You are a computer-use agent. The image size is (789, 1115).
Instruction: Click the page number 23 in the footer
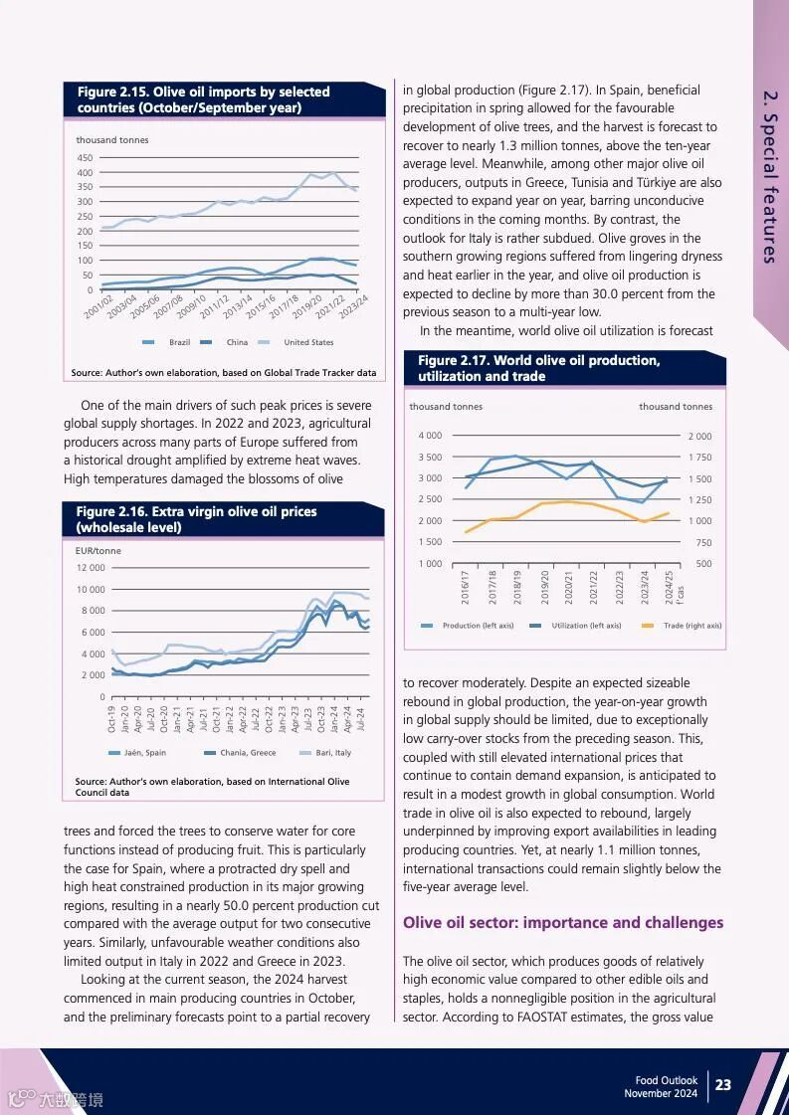(723, 1085)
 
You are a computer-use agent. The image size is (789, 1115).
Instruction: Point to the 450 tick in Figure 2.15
(85, 158)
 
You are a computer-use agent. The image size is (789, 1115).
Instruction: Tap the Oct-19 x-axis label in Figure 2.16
(111, 718)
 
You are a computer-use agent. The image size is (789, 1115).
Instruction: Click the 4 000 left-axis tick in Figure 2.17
(430, 436)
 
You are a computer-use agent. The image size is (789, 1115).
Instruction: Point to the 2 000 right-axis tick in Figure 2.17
(699, 437)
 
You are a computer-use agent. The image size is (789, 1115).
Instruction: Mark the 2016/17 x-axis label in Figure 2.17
(465, 587)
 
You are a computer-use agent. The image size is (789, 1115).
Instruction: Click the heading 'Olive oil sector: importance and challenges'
(563, 923)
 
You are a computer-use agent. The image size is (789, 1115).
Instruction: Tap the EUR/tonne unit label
(99, 550)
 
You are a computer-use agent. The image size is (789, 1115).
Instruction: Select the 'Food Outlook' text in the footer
(667, 1080)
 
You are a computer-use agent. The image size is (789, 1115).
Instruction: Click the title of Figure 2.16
(196, 519)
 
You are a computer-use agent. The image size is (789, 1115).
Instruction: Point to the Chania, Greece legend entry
(248, 753)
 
